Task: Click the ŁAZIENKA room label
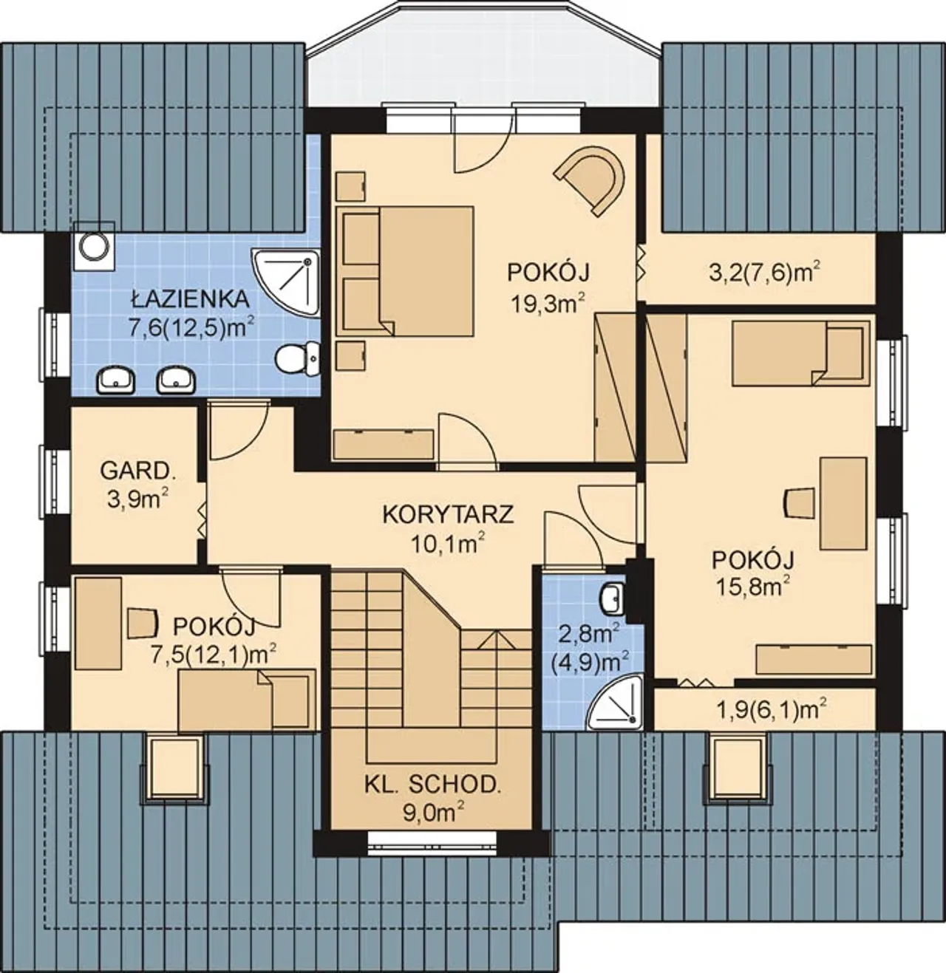[x=190, y=298]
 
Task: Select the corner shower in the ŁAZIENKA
[x=286, y=282]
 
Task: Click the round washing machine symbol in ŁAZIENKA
[x=94, y=246]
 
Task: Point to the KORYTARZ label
[x=448, y=514]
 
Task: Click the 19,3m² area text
[x=548, y=303]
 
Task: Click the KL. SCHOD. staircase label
[x=432, y=785]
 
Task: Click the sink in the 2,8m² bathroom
[x=613, y=598]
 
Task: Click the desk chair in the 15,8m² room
[x=797, y=504]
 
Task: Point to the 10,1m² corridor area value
[x=448, y=543]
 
